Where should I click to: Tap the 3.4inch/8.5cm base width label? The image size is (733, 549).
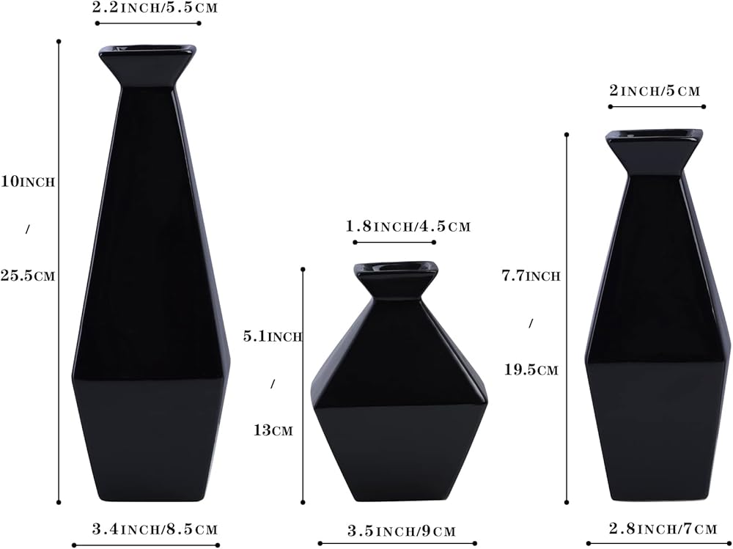point(155,529)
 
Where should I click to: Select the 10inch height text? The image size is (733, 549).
point(28,182)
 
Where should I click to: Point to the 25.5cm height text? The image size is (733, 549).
point(28,276)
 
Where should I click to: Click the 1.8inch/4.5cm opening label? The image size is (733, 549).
point(408,226)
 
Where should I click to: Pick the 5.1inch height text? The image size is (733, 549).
point(273,336)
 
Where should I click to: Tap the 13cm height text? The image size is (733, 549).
point(273,430)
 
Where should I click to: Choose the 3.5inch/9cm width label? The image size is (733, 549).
point(401,531)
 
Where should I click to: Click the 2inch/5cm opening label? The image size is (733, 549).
point(655,90)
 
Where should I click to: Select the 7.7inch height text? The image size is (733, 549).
point(531,276)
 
